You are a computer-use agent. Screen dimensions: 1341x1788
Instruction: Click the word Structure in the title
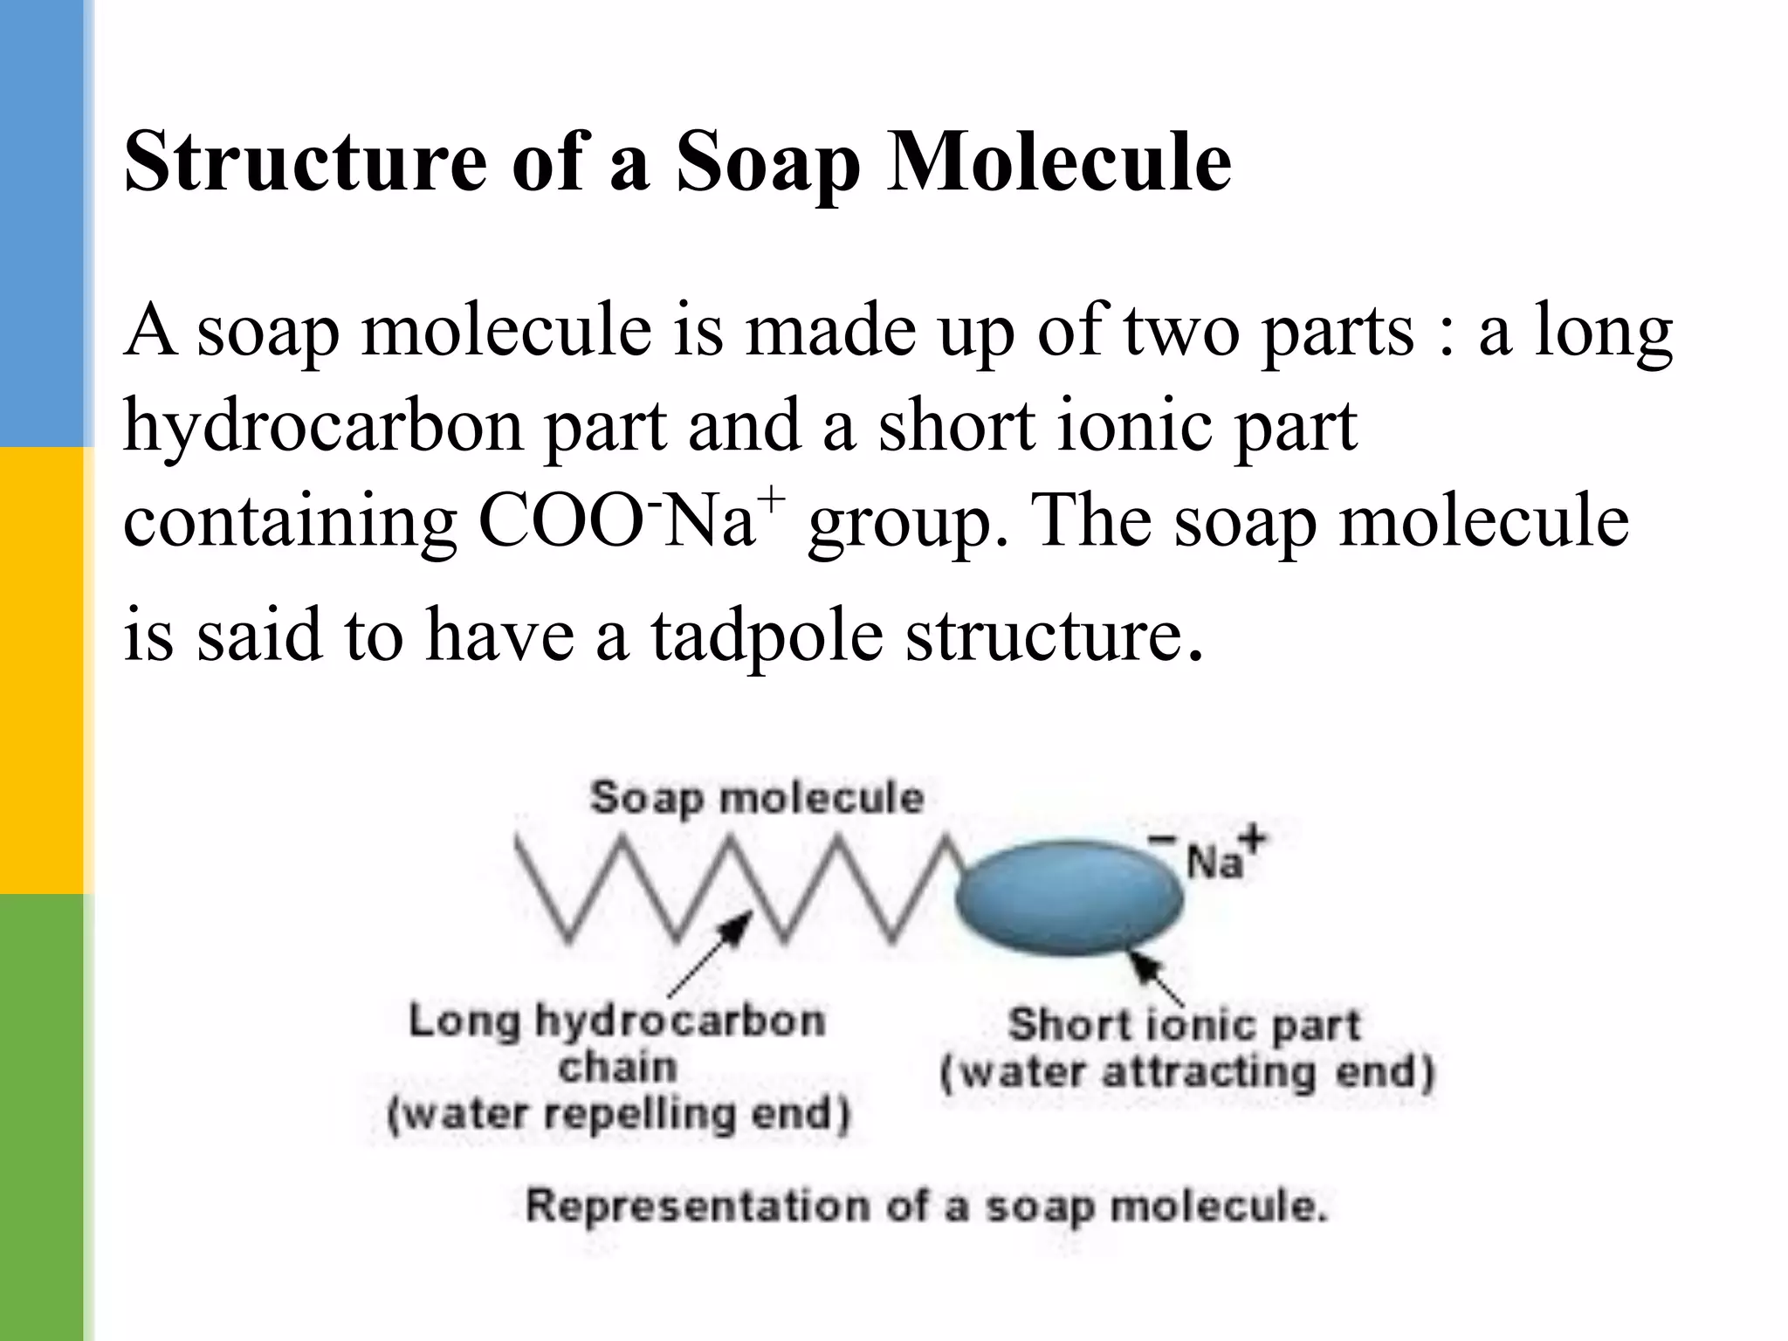click(306, 162)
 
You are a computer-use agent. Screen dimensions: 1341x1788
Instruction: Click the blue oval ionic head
click(1069, 897)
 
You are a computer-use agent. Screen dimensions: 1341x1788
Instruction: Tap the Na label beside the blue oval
click(1214, 863)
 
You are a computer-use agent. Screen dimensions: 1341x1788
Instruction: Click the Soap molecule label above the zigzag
click(756, 798)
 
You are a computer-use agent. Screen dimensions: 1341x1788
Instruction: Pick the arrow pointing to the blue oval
click(1158, 979)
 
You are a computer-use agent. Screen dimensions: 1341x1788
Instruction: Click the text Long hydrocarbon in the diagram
click(616, 1021)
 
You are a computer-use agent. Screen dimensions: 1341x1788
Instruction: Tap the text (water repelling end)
click(618, 1115)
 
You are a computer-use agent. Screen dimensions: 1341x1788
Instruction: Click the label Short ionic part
click(1184, 1025)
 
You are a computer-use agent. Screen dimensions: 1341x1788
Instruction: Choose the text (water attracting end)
click(1187, 1072)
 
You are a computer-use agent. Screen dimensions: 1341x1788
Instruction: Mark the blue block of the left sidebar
click(42, 223)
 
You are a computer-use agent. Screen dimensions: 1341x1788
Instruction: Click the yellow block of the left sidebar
click(42, 670)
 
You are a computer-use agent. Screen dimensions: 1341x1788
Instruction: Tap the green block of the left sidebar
click(42, 1117)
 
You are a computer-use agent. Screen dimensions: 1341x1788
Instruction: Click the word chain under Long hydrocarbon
click(618, 1068)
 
